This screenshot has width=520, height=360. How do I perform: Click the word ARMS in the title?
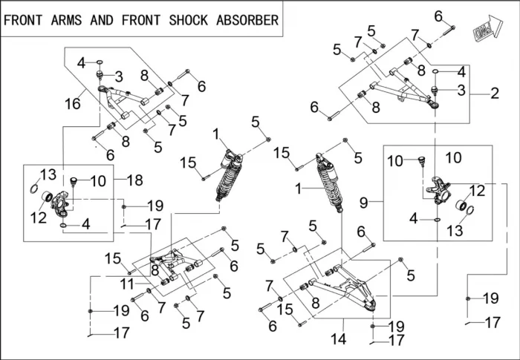coord(66,20)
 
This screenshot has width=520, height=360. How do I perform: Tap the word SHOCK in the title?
coord(189,20)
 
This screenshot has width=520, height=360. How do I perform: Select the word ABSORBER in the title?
coord(247,20)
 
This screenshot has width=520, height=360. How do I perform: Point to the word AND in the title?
coord(102,20)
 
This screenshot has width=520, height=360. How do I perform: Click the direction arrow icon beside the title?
coord(487,27)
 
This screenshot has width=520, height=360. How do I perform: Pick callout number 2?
coord(495,94)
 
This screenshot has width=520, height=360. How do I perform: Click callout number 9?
coord(364,202)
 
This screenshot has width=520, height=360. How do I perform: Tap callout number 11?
coord(127,284)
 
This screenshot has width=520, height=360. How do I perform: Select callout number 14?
coord(339,338)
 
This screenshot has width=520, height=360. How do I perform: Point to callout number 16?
coord(73,104)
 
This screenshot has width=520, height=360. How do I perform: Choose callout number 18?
coord(135,180)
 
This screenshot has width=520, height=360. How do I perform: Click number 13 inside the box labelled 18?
coord(48,174)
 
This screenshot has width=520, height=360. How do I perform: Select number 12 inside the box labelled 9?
coord(477,190)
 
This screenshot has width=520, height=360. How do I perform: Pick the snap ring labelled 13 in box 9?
coord(470,210)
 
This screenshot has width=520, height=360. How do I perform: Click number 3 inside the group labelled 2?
coord(461,90)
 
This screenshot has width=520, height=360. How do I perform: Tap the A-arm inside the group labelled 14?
coord(345,289)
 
